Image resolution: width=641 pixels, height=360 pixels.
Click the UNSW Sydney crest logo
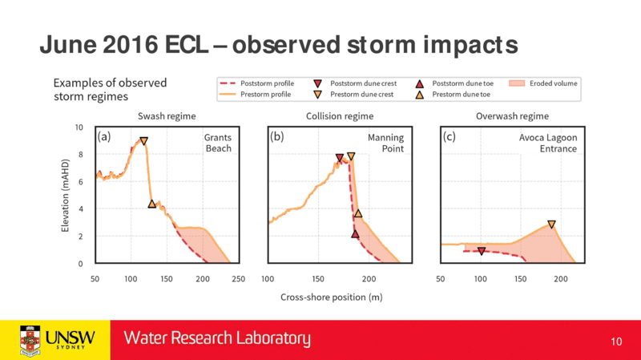click(x=30, y=339)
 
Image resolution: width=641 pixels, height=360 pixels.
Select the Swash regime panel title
click(x=167, y=116)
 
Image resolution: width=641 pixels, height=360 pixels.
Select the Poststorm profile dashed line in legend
click(x=230, y=83)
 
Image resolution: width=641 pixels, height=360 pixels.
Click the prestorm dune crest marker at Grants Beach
click(x=143, y=141)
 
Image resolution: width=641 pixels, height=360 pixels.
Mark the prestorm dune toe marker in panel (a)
click(x=152, y=204)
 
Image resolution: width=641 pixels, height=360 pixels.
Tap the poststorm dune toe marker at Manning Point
click(x=355, y=233)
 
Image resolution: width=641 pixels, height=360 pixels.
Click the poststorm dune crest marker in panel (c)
click(x=482, y=251)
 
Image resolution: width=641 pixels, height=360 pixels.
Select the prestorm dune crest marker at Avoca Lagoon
click(x=551, y=224)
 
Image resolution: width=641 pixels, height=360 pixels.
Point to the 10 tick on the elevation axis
click(x=79, y=127)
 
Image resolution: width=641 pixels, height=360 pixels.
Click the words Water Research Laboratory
click(x=216, y=339)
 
